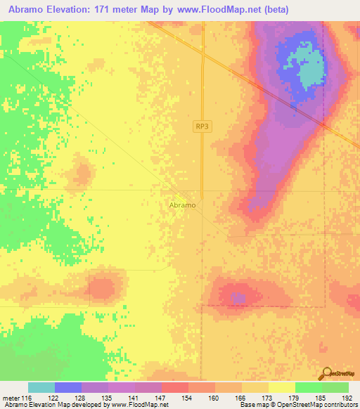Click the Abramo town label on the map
coord(183,205)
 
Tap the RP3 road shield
coord(202,126)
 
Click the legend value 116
coord(27,398)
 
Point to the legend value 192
coord(347,398)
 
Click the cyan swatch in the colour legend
coord(41,387)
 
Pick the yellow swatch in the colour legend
coord(281,387)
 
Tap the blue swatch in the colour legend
coord(68,387)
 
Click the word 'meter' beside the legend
coord(11,398)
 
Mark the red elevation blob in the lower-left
coord(102,288)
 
